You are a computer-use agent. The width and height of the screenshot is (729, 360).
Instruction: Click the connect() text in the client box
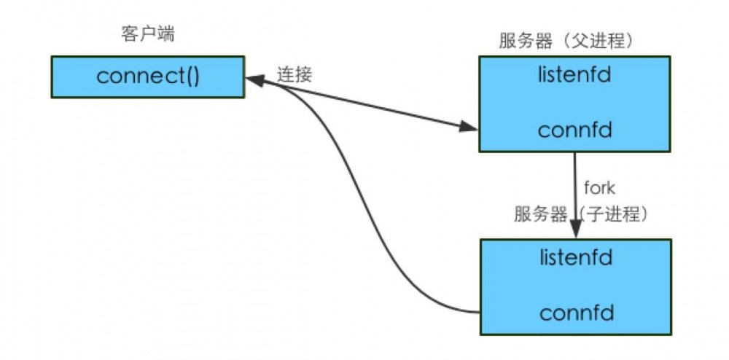point(147,77)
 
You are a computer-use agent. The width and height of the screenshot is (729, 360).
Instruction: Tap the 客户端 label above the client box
point(147,35)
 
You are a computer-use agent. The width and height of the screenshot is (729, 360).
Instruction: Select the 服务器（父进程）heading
point(566,41)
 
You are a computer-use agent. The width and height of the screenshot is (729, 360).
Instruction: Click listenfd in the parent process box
point(574,75)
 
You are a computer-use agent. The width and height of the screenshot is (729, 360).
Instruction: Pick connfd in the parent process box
point(574,130)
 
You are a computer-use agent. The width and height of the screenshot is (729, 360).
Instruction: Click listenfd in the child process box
point(575,257)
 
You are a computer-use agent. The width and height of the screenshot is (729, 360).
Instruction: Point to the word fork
point(599,188)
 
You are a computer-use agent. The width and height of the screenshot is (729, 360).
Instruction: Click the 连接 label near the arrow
point(294,74)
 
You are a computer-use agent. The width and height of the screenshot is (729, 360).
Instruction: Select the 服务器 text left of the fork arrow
point(540,214)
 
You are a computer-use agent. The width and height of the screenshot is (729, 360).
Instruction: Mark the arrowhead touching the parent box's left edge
point(469,128)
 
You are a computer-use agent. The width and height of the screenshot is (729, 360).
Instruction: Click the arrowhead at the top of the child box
point(576,232)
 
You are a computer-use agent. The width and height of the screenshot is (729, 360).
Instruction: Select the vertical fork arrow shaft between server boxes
point(575,189)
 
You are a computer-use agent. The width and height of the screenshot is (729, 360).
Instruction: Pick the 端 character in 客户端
point(166,35)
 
